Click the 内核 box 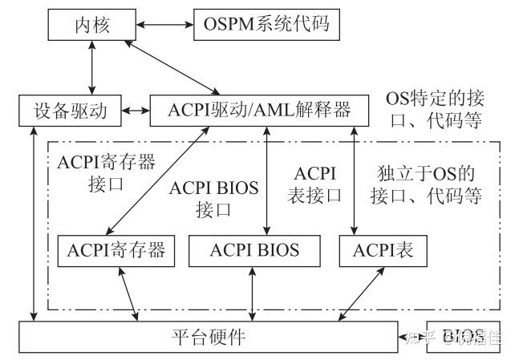click(88, 26)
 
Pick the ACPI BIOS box click(255, 250)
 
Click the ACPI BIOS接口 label click(213, 200)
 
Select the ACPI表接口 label click(319, 184)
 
